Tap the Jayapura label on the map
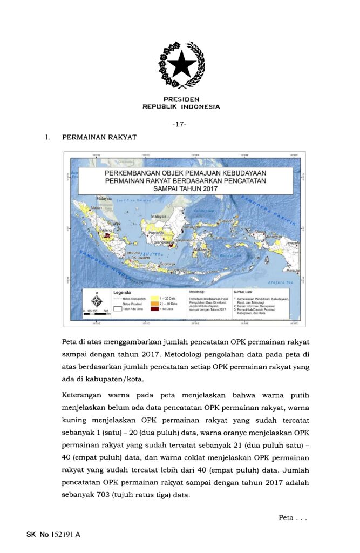[292, 244]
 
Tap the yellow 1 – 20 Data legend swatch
[154, 298]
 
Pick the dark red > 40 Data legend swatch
[154, 309]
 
